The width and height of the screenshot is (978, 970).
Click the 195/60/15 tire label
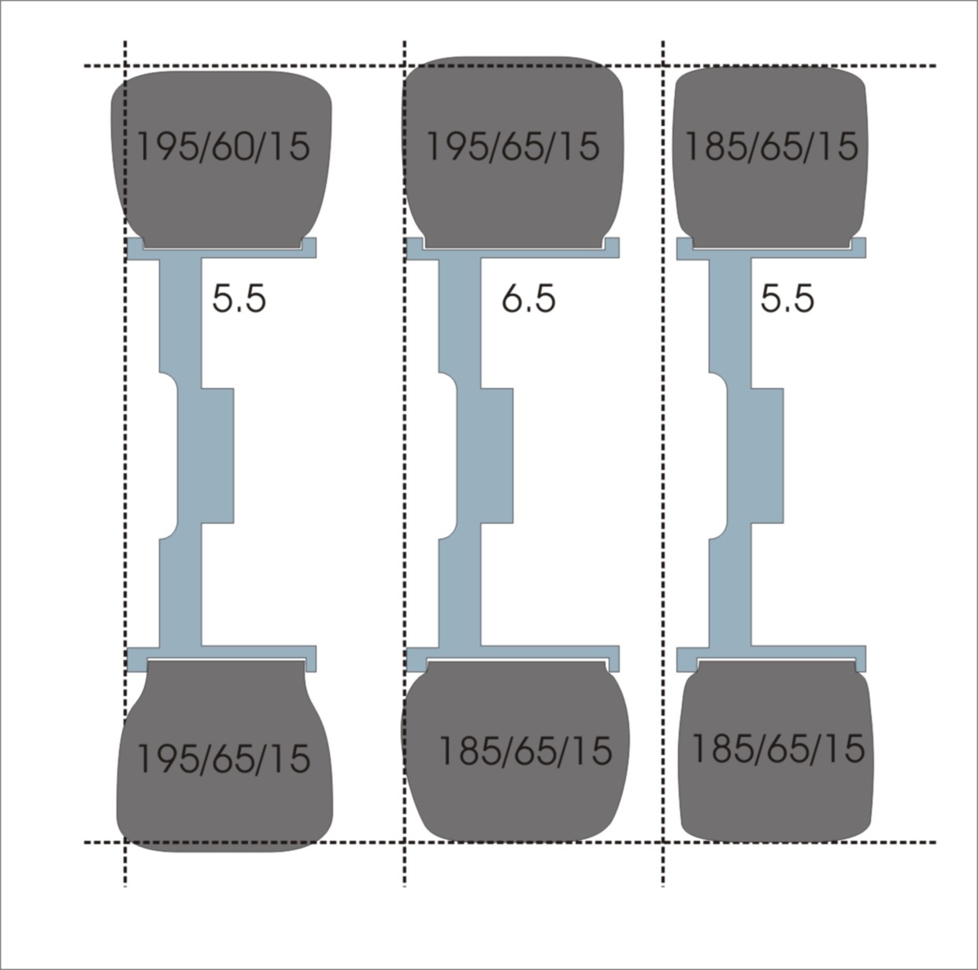pyautogui.click(x=224, y=146)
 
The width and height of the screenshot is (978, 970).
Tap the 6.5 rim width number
pyautogui.click(x=528, y=298)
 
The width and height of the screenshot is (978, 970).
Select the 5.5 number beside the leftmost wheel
pyautogui.click(x=239, y=298)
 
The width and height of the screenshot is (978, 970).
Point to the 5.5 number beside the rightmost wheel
pyautogui.click(x=787, y=298)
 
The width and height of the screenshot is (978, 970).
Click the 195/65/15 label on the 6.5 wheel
pyautogui.click(x=513, y=146)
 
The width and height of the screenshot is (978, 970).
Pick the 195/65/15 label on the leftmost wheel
pyautogui.click(x=224, y=759)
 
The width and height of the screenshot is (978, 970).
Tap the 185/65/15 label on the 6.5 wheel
pyautogui.click(x=526, y=750)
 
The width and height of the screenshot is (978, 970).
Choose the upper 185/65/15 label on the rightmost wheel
pyautogui.click(x=772, y=146)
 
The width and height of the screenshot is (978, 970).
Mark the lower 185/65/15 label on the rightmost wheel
pyautogui.click(x=778, y=748)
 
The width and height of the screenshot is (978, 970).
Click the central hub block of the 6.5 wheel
pyautogui.click(x=496, y=456)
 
